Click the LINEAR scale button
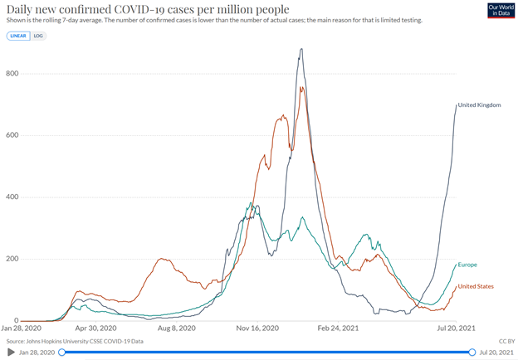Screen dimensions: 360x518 [x=17, y=36]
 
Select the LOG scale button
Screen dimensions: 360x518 [x=38, y=36]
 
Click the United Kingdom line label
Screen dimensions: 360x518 [x=480, y=105]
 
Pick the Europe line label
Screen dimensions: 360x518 [x=467, y=265]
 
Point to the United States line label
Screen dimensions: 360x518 [x=476, y=286]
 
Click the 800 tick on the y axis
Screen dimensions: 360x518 [x=12, y=74]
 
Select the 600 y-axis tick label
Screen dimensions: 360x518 [x=12, y=135]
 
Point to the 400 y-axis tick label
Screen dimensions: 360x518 [x=12, y=197]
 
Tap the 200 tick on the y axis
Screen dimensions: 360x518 [x=12, y=259]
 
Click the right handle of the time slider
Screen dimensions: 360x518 [x=472, y=353]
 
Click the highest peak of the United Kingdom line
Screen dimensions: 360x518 [x=301, y=49]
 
